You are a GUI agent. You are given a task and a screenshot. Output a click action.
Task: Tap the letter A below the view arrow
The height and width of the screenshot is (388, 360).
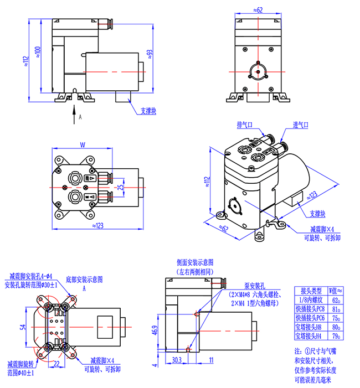[x=80, y=117]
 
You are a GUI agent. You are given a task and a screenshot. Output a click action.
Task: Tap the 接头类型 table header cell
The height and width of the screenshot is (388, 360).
[x=311, y=291]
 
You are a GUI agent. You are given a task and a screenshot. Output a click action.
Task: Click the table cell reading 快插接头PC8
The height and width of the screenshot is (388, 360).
[x=311, y=308]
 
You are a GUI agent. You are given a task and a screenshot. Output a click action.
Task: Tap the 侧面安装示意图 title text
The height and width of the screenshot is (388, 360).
[x=195, y=262]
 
